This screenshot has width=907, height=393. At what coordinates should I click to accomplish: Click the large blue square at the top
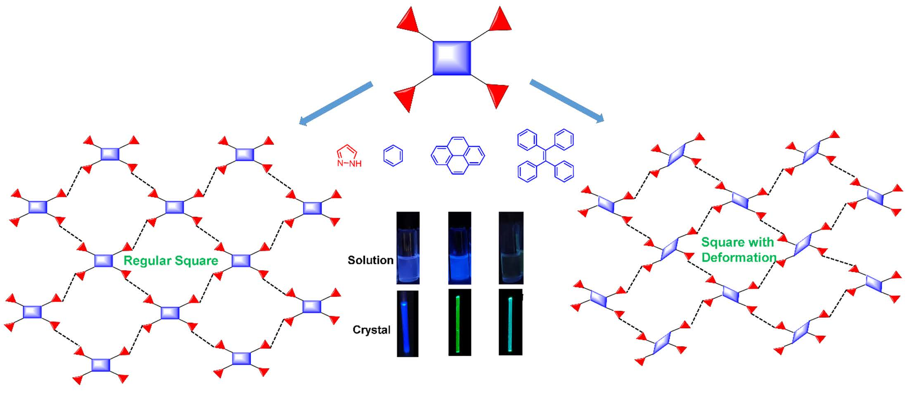click(x=452, y=58)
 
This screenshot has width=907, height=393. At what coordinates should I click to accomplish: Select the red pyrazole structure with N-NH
click(x=348, y=156)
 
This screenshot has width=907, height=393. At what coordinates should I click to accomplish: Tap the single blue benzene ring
click(x=393, y=156)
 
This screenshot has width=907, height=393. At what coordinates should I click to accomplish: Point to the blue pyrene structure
click(x=457, y=155)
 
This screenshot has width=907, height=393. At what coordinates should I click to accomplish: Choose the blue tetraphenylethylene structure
click(x=545, y=156)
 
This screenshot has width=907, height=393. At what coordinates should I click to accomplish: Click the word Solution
click(x=370, y=260)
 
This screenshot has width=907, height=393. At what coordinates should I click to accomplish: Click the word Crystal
click(x=371, y=330)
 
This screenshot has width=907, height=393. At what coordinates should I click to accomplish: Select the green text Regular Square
click(x=171, y=261)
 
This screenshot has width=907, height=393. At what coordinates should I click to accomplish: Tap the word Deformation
click(x=739, y=257)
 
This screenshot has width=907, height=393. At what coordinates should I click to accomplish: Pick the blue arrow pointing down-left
click(x=335, y=104)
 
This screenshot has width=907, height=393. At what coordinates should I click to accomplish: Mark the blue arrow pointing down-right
click(x=567, y=101)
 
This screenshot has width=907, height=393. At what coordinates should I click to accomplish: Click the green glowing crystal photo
click(x=459, y=323)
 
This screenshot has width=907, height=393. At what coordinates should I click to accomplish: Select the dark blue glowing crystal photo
click(x=407, y=324)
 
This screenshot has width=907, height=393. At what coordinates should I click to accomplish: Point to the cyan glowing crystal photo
click(x=510, y=323)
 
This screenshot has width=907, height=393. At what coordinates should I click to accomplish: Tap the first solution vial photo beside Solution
click(x=408, y=248)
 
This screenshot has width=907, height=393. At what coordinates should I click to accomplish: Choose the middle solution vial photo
click(x=459, y=248)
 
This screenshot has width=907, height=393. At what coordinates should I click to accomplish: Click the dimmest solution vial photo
click(x=511, y=248)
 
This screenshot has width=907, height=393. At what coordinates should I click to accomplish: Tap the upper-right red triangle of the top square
click(x=501, y=20)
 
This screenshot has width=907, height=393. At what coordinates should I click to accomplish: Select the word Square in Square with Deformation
click(x=719, y=242)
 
